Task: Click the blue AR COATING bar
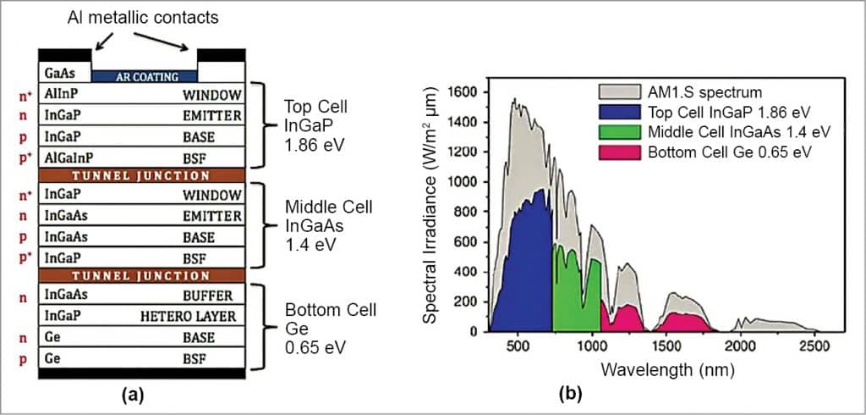[x=144, y=76]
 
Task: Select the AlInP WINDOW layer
[x=141, y=95]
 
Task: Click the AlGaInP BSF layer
[x=141, y=157]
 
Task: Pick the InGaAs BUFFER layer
[x=141, y=295]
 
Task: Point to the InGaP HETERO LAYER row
[x=141, y=315]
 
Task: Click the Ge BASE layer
[x=141, y=336]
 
